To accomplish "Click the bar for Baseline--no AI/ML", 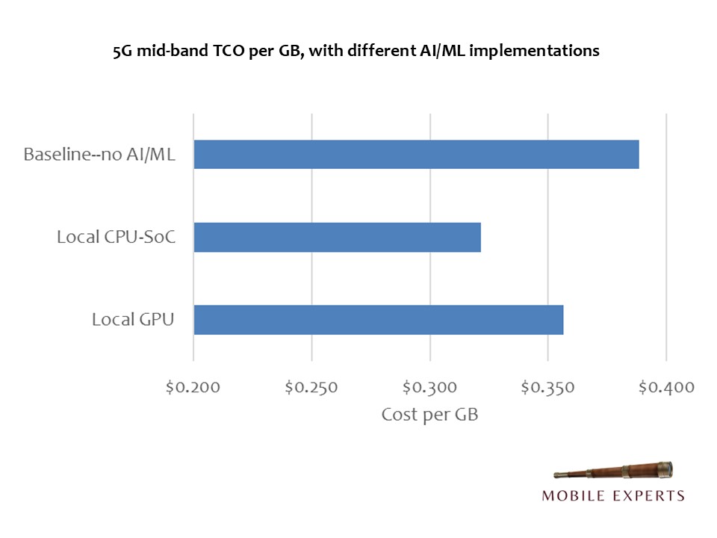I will pyautogui.click(x=416, y=154).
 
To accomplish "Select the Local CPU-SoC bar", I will pyautogui.click(x=337, y=237).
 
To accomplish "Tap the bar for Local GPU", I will pyautogui.click(x=378, y=320).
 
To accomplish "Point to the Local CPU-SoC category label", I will pyautogui.click(x=115, y=238).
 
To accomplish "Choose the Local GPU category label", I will pyautogui.click(x=133, y=320).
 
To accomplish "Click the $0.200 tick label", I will pyautogui.click(x=193, y=387).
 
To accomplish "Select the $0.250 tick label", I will pyautogui.click(x=311, y=387).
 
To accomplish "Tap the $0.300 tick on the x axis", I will pyautogui.click(x=429, y=387).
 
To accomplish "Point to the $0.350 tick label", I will pyautogui.click(x=547, y=387).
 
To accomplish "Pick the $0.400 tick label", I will pyautogui.click(x=666, y=387).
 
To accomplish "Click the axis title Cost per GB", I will pyautogui.click(x=429, y=415).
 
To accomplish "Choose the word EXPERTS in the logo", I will pyautogui.click(x=648, y=495).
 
